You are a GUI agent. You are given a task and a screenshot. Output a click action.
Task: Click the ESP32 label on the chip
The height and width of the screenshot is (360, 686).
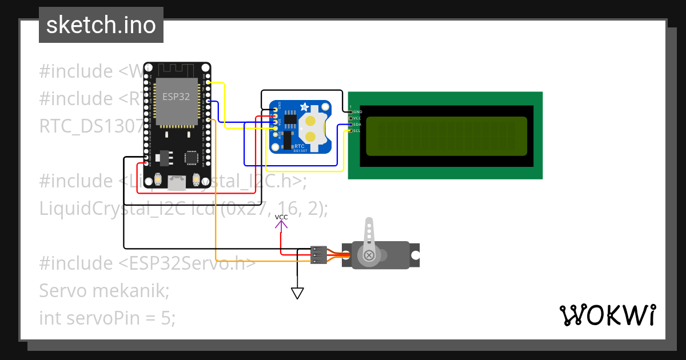(x=176, y=97)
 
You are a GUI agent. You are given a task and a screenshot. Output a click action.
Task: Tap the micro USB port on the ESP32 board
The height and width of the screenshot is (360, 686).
(x=177, y=183)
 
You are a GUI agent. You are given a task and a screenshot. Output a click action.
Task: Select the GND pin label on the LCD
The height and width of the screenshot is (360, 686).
(x=357, y=112)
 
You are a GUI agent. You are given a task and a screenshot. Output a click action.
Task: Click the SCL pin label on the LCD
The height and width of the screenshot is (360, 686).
(x=357, y=131)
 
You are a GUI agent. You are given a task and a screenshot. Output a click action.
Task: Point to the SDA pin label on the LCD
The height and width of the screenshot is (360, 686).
(x=357, y=125)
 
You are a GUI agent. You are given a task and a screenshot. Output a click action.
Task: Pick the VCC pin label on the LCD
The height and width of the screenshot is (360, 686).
(x=357, y=118)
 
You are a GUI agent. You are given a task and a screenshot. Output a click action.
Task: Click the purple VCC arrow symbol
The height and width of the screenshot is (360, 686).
(x=281, y=223)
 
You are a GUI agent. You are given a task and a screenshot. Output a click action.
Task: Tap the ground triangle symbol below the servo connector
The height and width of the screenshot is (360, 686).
(x=297, y=293)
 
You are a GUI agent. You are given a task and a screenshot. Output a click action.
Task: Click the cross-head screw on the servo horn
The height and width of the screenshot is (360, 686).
(x=369, y=255)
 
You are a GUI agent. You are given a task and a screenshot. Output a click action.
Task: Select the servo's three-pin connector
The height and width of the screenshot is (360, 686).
(x=318, y=255)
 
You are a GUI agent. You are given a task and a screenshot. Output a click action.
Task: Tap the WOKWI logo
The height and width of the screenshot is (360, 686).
(x=607, y=315)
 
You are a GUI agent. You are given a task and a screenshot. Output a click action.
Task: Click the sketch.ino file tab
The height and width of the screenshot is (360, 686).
(x=101, y=25)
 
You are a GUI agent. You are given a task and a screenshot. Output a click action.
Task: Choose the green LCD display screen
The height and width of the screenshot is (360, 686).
(x=446, y=136)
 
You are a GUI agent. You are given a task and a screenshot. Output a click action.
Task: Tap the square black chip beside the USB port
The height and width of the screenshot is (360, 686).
(x=191, y=157)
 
